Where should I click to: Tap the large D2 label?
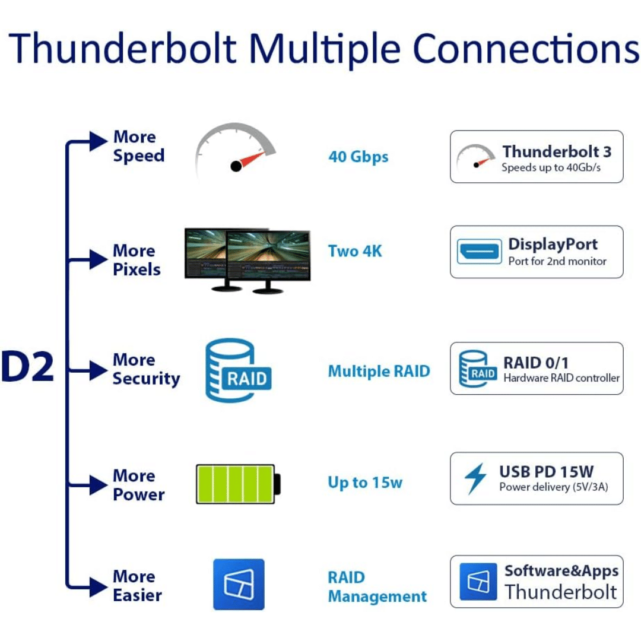[28, 367]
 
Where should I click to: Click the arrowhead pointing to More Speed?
[97, 141]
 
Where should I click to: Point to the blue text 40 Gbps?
[358, 157]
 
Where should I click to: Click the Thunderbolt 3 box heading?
[556, 152]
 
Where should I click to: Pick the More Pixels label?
[137, 260]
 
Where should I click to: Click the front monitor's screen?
[268, 255]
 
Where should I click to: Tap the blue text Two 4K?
[355, 251]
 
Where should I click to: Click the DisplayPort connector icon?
[478, 251]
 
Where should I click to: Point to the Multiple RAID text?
[379, 372]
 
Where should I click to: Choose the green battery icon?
[238, 484]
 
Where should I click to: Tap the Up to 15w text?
[364, 483]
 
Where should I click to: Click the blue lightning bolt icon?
[475, 478]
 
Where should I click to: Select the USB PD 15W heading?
[546, 472]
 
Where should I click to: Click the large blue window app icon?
[239, 584]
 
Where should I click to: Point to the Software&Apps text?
[561, 571]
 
